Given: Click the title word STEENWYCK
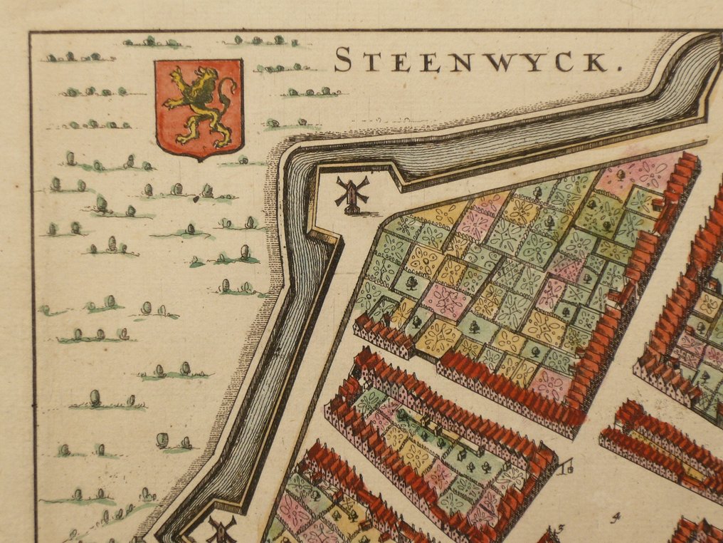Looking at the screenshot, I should (473, 61).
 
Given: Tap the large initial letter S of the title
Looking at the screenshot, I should (343, 60).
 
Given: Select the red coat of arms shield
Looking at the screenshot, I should (199, 107).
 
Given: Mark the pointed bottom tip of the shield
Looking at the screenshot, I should (200, 158).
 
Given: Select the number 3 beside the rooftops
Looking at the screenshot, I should (560, 528).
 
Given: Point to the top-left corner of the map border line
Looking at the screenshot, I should (31, 32).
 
